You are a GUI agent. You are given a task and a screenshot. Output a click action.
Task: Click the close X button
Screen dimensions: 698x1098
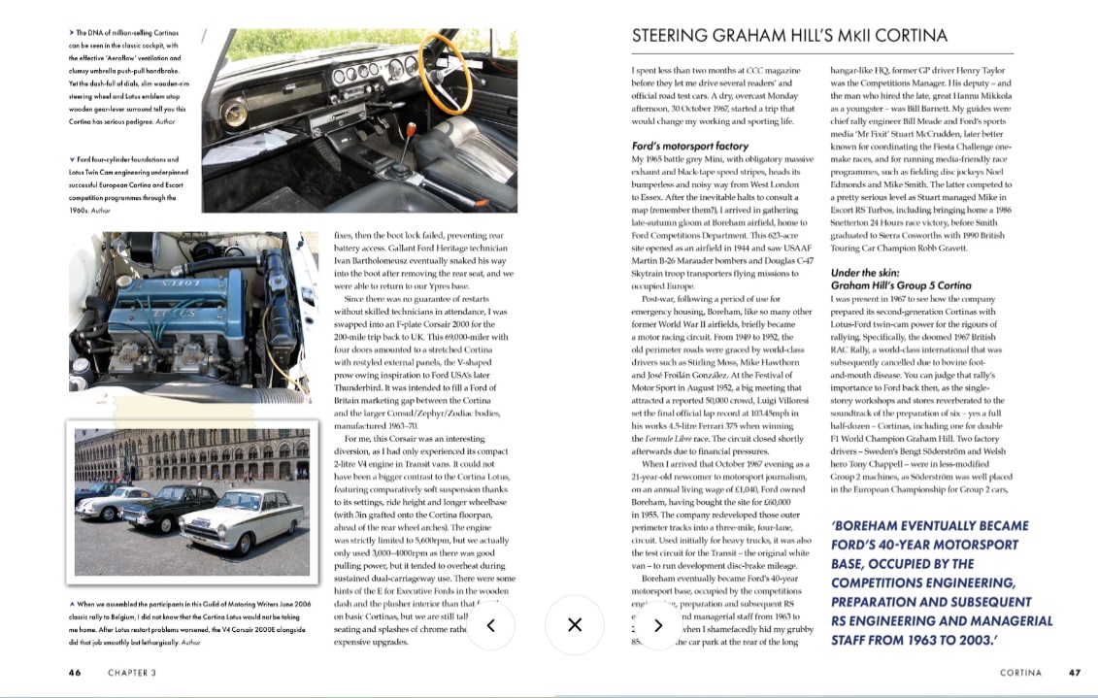[x=574, y=624]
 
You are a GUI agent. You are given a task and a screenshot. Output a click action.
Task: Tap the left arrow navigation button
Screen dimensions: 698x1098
[x=491, y=624]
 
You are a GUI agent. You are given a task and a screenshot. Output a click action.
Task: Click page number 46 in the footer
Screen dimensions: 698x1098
[x=75, y=672]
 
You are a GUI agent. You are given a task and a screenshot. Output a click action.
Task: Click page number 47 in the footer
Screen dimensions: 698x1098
[x=1074, y=672]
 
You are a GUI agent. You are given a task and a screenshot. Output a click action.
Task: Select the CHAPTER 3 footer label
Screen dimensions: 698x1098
[x=132, y=672]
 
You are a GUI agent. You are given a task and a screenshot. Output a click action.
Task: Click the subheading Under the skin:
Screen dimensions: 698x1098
[x=867, y=273]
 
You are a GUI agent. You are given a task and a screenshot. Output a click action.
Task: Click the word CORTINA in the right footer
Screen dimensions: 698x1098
[x=1020, y=672]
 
